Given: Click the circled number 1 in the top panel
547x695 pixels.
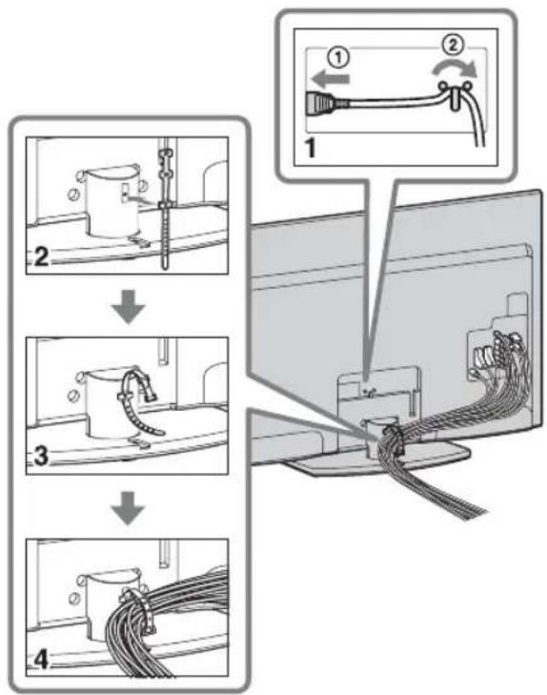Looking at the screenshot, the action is [x=338, y=58].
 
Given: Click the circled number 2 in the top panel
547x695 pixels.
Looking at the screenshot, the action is [x=453, y=45].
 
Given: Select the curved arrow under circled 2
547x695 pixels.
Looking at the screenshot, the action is [x=456, y=69].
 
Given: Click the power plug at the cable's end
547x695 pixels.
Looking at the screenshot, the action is [x=321, y=104].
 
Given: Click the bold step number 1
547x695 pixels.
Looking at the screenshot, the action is [x=312, y=148].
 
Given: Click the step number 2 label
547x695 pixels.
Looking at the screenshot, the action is [x=42, y=256].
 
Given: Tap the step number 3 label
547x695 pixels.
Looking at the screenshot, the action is [x=41, y=456].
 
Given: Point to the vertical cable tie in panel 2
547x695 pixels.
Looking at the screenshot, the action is [x=165, y=209].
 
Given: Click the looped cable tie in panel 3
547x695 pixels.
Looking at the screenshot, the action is [x=140, y=395].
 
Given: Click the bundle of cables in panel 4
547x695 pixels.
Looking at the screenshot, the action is [x=169, y=621].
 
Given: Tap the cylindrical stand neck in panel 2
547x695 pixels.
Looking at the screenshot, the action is [x=109, y=199].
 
